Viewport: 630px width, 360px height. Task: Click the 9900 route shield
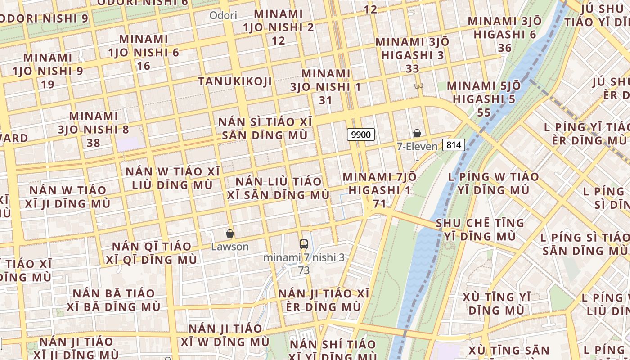point(361,134)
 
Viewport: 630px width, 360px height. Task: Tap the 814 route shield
point(454,144)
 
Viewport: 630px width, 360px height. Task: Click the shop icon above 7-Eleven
point(417,133)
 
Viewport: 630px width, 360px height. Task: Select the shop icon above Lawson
point(230,234)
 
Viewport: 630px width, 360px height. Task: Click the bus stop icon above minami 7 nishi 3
point(304,244)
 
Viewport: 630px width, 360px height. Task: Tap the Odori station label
point(223,15)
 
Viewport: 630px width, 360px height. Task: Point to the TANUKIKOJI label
point(235,81)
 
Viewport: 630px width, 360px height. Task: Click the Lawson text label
point(230,247)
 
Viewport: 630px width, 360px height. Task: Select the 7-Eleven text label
point(417,146)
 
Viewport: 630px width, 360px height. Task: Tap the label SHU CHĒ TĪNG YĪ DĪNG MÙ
point(480,229)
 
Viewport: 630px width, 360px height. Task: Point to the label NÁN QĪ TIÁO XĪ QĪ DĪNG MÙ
point(152,253)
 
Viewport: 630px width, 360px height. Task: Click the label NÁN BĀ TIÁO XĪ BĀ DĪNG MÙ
point(114,300)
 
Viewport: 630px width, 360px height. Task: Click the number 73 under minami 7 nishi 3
point(304,270)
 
